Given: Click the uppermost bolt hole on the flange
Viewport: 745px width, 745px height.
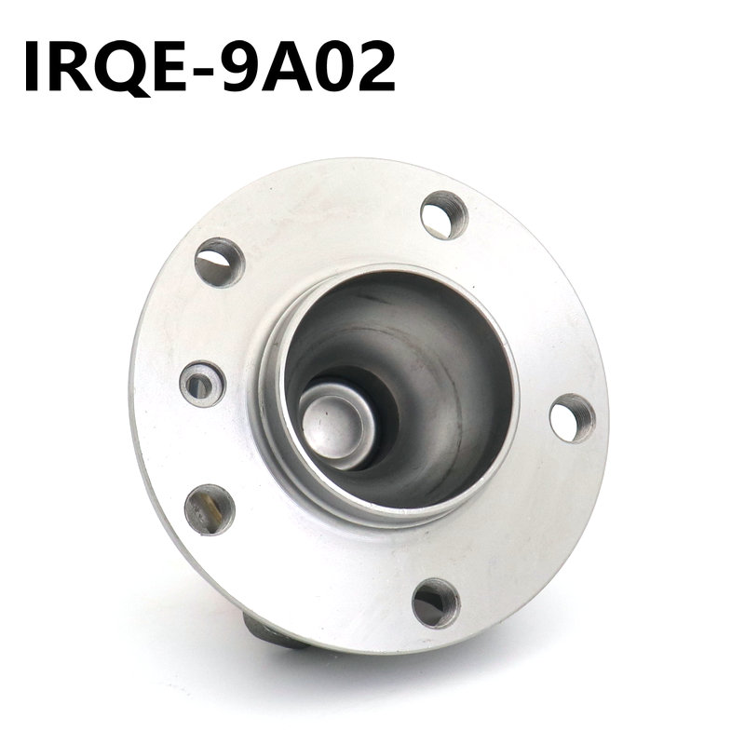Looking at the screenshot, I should [x=443, y=215].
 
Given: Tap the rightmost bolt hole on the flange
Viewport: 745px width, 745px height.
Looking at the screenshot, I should [x=572, y=418].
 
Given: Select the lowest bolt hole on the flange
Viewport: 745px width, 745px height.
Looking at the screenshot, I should [x=436, y=603].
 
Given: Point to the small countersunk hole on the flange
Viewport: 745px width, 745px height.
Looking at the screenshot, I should [x=202, y=384].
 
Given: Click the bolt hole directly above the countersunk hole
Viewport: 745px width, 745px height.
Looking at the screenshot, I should [x=220, y=262].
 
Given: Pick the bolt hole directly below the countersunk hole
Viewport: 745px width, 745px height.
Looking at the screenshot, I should [x=210, y=509].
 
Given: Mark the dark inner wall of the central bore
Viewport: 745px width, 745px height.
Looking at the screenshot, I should [x=438, y=372].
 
